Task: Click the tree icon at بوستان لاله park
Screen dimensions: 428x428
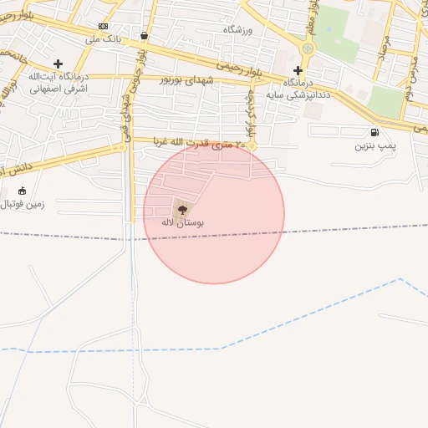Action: pos(181,208)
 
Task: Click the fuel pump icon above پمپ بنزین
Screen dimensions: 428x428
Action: pos(373,132)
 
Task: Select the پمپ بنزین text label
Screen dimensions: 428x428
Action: pos(373,146)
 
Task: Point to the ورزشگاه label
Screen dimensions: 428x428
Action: pos(238,29)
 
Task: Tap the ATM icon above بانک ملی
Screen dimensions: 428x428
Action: pos(103,27)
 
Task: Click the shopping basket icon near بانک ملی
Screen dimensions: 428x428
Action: pos(145,36)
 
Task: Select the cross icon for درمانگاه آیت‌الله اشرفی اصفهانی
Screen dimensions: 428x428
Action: pos(58,64)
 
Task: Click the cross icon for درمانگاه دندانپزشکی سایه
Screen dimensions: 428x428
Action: pos(298,70)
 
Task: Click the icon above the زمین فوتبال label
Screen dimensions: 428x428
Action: pos(22,191)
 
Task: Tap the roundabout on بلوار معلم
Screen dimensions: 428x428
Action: pos(308,48)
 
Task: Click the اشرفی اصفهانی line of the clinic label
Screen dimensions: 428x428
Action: pos(58,89)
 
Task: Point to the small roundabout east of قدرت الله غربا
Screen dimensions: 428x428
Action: pos(252,147)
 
